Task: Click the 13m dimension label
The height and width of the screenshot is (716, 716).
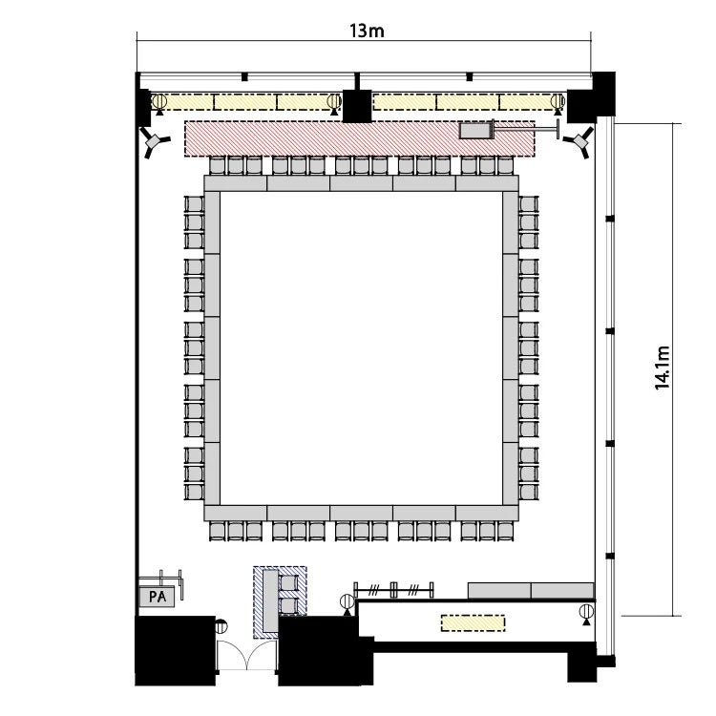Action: click(367, 32)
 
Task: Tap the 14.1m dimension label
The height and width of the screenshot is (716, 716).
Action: click(663, 368)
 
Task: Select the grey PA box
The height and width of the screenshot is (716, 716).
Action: click(157, 597)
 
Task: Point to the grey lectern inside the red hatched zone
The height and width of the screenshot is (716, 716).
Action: click(474, 131)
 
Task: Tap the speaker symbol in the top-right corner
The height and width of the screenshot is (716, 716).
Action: click(579, 141)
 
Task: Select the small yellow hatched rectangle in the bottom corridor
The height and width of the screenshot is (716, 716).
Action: click(474, 623)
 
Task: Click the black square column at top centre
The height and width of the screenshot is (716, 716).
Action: click(357, 106)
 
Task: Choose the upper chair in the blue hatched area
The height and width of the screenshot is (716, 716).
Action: click(288, 583)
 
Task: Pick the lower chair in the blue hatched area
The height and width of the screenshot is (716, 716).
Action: click(288, 606)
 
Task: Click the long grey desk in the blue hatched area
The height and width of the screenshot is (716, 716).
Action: click(270, 600)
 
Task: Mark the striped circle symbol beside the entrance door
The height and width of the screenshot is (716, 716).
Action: click(221, 625)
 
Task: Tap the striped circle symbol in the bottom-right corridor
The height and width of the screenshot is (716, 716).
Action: click(586, 612)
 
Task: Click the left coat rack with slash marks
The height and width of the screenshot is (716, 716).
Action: click(373, 590)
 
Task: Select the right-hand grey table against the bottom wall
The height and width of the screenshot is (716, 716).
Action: click(562, 590)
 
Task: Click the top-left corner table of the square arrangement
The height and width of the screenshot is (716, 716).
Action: click(235, 183)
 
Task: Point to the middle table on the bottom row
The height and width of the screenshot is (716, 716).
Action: click(361, 513)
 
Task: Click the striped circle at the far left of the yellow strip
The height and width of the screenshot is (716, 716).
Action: click(158, 102)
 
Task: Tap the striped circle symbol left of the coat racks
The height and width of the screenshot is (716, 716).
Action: click(347, 602)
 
